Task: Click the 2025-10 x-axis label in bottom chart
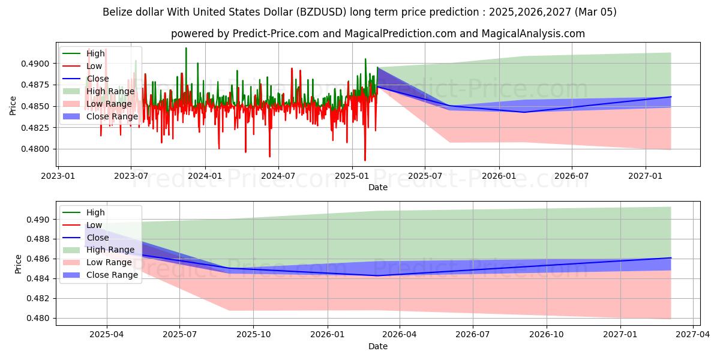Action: point(254,335)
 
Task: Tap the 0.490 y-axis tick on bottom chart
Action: point(41,220)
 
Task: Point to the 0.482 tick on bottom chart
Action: point(41,298)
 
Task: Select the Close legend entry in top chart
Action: point(98,79)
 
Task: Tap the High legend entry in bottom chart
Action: point(95,212)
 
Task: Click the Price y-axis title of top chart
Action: point(13,106)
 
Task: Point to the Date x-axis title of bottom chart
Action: point(378,346)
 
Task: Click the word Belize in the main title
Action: point(118,12)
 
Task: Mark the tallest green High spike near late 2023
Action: point(186,48)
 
